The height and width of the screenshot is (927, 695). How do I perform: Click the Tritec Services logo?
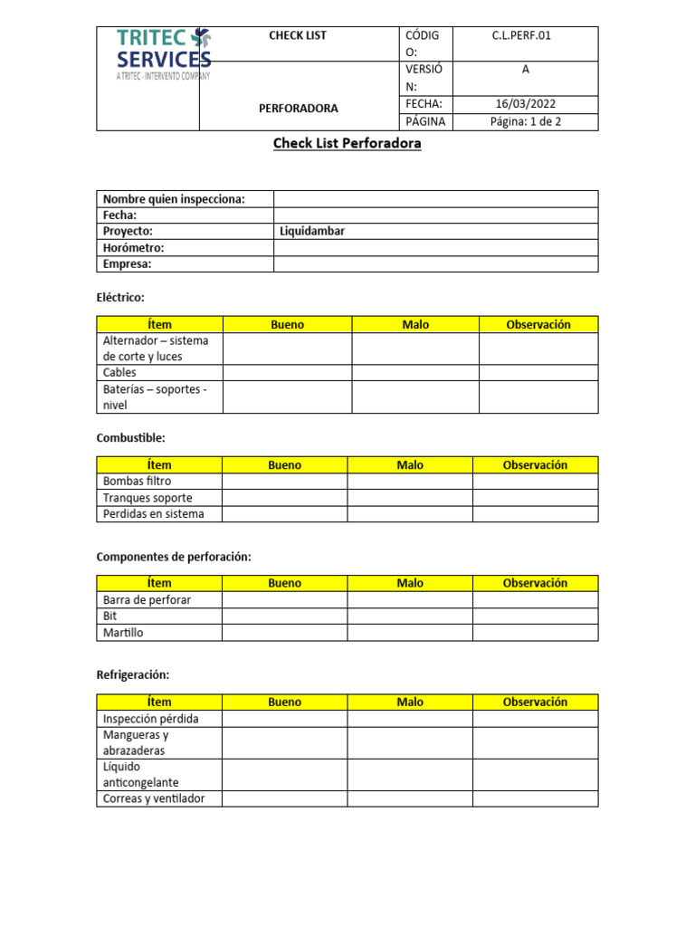point(163,53)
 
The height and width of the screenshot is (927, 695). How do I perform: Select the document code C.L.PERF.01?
point(520,36)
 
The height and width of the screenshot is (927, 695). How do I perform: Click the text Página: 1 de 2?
point(525,121)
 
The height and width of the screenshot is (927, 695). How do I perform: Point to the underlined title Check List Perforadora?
point(347,143)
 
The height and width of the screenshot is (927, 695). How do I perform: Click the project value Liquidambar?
point(312,231)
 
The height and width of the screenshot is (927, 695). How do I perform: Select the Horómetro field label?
point(134,247)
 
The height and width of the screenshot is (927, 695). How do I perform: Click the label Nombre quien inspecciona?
point(174,199)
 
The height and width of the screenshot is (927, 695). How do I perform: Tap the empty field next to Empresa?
point(435,263)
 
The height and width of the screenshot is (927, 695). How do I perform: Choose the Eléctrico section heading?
point(120,297)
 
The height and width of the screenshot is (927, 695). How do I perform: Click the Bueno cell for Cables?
point(287,372)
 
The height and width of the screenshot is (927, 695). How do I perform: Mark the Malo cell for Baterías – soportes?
point(414,397)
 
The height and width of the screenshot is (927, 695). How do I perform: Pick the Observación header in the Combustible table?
point(535,464)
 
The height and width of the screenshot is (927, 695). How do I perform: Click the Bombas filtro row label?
point(137,481)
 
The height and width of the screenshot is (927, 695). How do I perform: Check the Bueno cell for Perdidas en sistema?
point(284,513)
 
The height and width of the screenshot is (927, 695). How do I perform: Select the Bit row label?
point(110,616)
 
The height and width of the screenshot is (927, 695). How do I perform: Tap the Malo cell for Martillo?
point(409,632)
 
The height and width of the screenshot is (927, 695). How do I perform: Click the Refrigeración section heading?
point(133,674)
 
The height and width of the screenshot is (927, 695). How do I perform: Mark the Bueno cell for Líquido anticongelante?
point(284,774)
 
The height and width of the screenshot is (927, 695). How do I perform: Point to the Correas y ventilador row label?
point(154,798)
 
